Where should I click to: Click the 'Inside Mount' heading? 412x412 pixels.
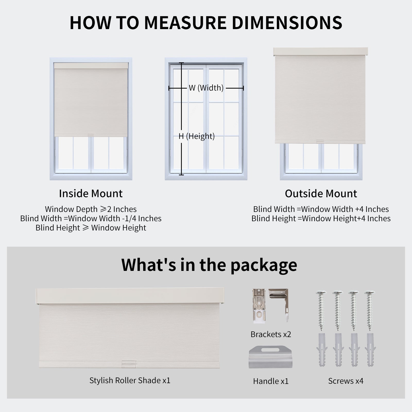[x=91, y=193]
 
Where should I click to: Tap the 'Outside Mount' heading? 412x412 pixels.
[x=321, y=193]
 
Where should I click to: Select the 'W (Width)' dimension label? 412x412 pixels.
[x=206, y=88]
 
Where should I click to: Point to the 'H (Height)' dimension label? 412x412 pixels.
[x=196, y=136]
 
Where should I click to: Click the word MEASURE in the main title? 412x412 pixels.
[x=185, y=23]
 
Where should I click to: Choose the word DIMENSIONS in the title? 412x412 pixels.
[x=287, y=23]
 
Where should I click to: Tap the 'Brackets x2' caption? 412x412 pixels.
[x=271, y=334]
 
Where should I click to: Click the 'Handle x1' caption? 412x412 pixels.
[x=271, y=381]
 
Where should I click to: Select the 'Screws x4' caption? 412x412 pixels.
[x=346, y=381]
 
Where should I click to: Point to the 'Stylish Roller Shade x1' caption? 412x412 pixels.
[x=130, y=380]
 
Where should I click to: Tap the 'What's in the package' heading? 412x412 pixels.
[x=209, y=265]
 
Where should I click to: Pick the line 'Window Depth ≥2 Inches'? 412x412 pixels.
[x=91, y=209]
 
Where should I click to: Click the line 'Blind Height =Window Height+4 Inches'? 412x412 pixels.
[x=321, y=219]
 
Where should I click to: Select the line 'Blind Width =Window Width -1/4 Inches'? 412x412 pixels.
[x=91, y=218]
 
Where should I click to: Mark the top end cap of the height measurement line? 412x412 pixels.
[x=181, y=63]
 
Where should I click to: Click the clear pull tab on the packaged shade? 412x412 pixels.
[x=128, y=363]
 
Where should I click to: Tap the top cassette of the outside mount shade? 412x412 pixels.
[x=321, y=51]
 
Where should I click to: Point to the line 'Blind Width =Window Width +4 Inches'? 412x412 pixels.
[x=321, y=209]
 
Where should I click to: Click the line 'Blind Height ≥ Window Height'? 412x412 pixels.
[x=91, y=228]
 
